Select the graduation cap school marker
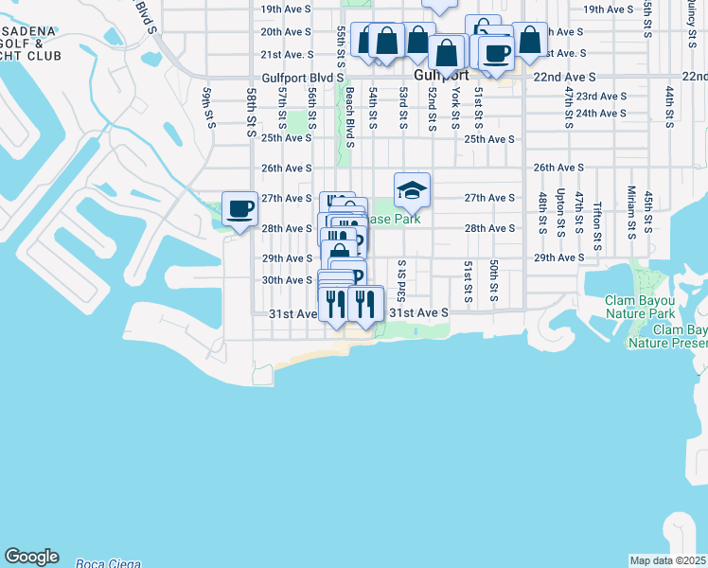tap(412, 191)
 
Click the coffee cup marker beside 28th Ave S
tap(239, 208)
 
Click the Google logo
tap(31, 557)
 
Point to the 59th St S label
tap(209, 106)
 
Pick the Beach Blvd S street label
tap(349, 117)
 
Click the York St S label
tap(455, 108)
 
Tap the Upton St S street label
tap(561, 212)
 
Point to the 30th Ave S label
tap(287, 280)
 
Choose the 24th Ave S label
tap(601, 113)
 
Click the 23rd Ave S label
tap(601, 97)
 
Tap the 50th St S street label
tap(494, 282)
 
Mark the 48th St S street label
tap(543, 213)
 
